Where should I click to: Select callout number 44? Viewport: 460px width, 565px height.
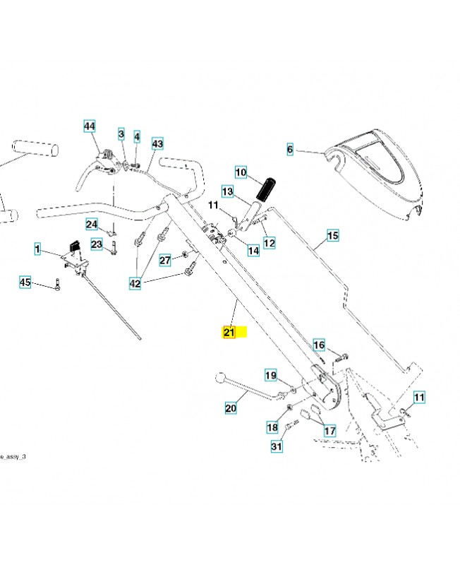click(x=89, y=126)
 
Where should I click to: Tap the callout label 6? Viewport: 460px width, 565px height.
click(x=289, y=149)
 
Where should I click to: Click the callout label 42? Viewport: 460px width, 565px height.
click(x=135, y=283)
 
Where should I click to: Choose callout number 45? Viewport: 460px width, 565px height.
click(x=25, y=282)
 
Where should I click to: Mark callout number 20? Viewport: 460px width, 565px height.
click(x=231, y=408)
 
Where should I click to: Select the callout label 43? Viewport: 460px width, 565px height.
click(x=157, y=143)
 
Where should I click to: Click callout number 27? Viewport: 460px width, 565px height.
click(x=164, y=260)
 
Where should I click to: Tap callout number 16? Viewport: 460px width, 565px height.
click(x=319, y=345)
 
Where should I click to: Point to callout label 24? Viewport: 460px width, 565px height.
click(x=92, y=225)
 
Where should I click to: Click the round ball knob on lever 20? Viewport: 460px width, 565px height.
click(x=220, y=379)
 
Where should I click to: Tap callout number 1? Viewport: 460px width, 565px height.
click(x=38, y=249)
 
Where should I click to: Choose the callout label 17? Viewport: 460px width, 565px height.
click(x=329, y=429)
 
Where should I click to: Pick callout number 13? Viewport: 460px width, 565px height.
click(x=227, y=191)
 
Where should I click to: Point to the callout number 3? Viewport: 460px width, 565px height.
click(x=121, y=133)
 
